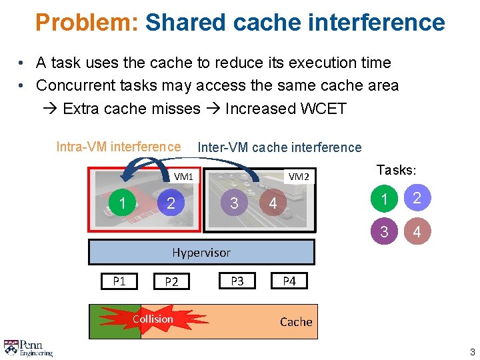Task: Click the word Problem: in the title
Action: coord(87,23)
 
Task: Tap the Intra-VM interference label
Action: coord(118,147)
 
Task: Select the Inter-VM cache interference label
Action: coord(279,147)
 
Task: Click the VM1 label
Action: coord(183,177)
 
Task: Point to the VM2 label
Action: coord(298,177)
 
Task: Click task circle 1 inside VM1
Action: coord(123,203)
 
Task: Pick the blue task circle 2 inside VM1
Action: coord(171,203)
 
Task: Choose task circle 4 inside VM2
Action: coord(273,203)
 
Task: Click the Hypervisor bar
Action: coord(201,252)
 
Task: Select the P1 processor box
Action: coord(119,281)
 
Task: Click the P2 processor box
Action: coord(171,281)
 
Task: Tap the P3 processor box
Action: coord(237,281)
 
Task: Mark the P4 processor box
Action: coord(289,281)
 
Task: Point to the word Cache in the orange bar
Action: coord(296,322)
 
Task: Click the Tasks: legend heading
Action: coord(397,170)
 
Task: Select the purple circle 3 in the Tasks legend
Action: coord(383,232)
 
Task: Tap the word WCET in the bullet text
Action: coord(319,108)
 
